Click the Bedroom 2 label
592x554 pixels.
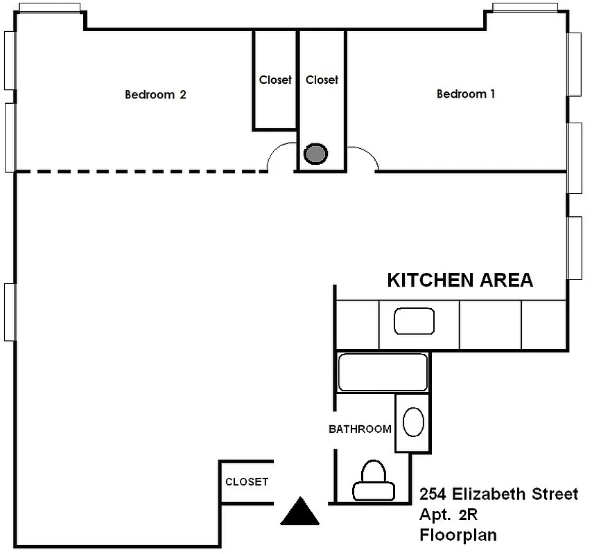tap(155, 95)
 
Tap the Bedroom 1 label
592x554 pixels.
tap(466, 94)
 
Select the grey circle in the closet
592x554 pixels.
tap(316, 153)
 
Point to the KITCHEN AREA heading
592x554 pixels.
tap(460, 280)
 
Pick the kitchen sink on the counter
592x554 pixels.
tap(414, 321)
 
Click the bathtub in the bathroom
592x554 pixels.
tap(383, 373)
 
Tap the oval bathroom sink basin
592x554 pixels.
tap(413, 422)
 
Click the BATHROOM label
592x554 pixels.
tap(360, 429)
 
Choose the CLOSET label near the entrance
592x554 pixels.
tap(247, 482)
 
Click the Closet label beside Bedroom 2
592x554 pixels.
tap(275, 80)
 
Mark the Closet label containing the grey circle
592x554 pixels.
tap(322, 80)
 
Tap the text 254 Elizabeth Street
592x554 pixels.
tap(498, 494)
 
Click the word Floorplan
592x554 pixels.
tap(458, 535)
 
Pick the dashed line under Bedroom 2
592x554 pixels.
tap(139, 171)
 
